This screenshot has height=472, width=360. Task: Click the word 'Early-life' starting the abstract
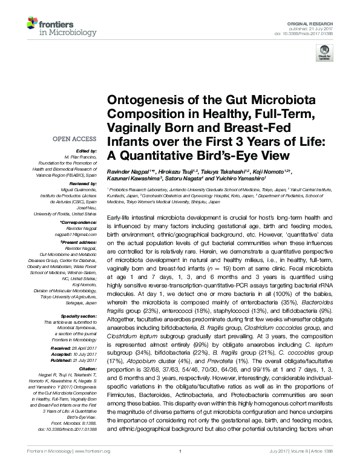click(119, 216)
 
